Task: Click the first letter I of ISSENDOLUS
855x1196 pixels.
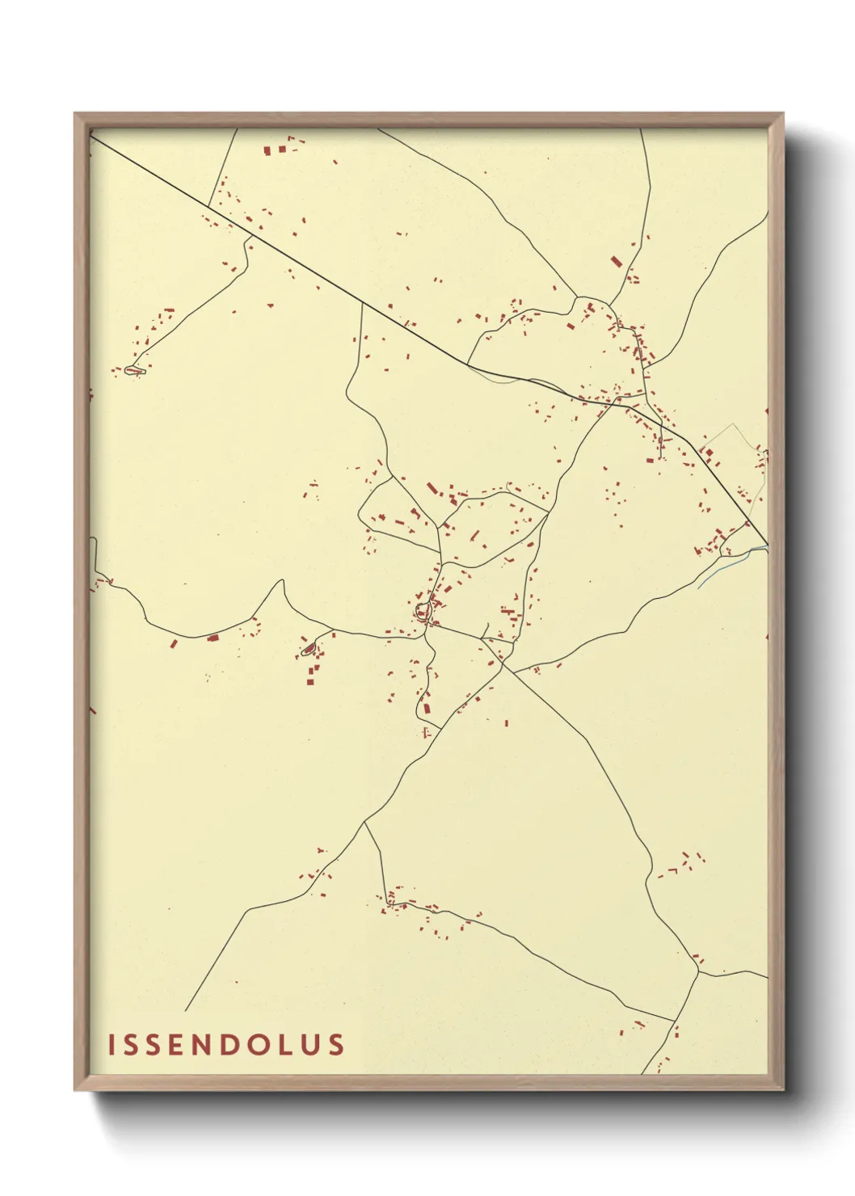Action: click(112, 1045)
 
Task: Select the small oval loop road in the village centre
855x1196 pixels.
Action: click(423, 612)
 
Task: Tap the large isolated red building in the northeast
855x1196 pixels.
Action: click(617, 261)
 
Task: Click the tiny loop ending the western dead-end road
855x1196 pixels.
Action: click(133, 370)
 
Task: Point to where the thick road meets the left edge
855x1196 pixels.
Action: click(91, 137)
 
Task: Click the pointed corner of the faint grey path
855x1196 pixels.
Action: click(734, 423)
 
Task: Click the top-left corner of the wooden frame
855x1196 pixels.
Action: click(75, 114)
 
